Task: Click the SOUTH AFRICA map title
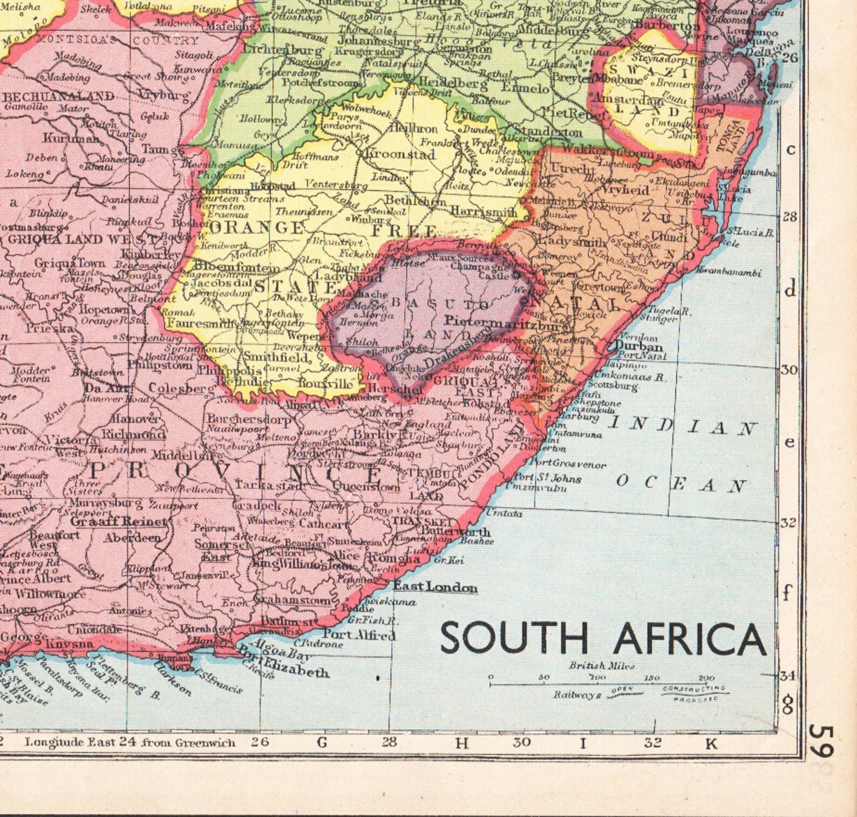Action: [603, 638]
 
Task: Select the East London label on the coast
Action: [435, 587]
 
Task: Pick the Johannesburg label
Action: [378, 40]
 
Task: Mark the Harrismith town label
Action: [483, 212]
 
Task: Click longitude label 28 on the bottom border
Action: [390, 742]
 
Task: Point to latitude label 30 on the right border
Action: [790, 370]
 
